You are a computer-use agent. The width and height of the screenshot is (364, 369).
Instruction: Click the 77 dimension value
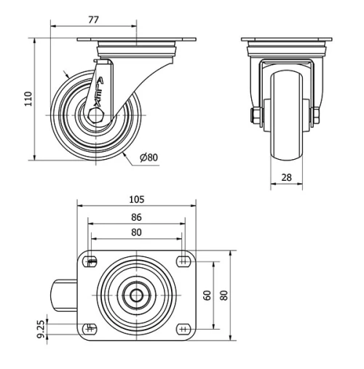click(93, 20)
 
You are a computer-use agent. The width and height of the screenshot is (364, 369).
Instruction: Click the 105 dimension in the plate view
click(136, 199)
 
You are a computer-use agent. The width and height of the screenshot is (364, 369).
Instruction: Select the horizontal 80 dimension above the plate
click(136, 232)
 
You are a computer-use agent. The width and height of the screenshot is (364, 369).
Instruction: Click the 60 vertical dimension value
click(207, 295)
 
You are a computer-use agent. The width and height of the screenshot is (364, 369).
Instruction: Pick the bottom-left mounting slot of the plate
click(91, 328)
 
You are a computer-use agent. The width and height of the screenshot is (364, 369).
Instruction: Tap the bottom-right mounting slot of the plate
click(182, 328)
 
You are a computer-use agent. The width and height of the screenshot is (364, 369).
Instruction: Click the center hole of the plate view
click(137, 295)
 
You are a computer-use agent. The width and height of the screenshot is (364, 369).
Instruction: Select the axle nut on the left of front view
click(256, 115)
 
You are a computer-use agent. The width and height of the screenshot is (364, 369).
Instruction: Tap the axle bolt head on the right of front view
click(317, 115)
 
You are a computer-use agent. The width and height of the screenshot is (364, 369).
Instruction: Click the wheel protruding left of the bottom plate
click(63, 295)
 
